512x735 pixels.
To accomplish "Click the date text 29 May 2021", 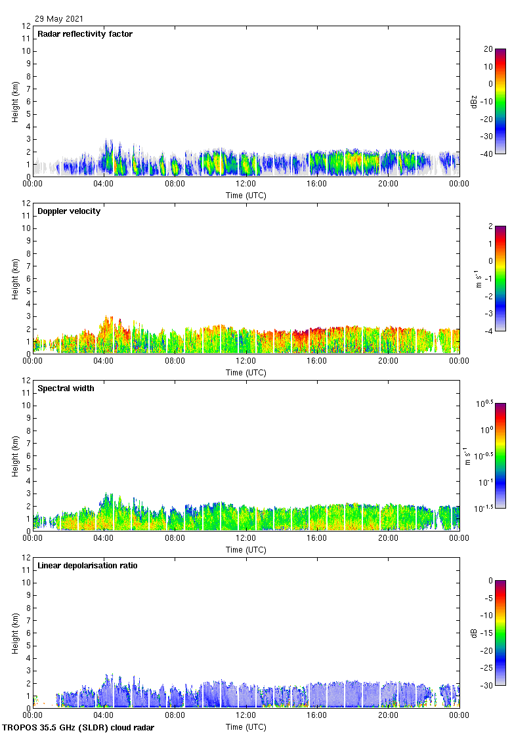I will tap(59, 19).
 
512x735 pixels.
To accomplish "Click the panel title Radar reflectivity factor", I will tap(85, 34).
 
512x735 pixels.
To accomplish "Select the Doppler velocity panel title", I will tap(69, 211).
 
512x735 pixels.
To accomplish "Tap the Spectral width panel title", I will tap(66, 388).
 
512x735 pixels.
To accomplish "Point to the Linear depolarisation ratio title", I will tap(87, 566).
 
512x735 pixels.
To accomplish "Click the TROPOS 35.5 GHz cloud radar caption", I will tap(79, 728).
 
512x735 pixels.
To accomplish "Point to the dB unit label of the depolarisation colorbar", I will tap(475, 633).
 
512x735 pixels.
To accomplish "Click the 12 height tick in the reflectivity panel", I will tap(26, 26).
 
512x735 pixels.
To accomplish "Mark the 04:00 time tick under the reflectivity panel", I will tap(104, 184).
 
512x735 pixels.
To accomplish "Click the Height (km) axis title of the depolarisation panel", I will tap(15, 633).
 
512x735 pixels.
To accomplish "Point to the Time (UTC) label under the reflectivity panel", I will tap(246, 195).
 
